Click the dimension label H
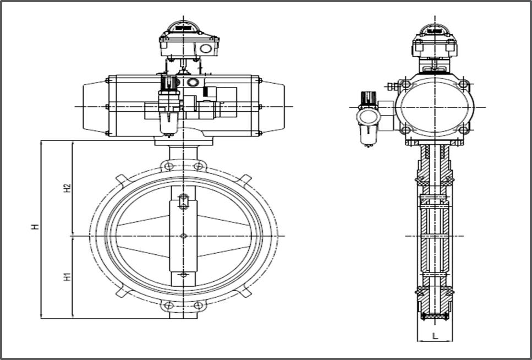click(34, 226)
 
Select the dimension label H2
click(67, 188)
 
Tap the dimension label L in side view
click(435, 335)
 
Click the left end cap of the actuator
click(95, 106)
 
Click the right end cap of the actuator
click(271, 106)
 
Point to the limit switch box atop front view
click(189, 42)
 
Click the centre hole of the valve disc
click(183, 236)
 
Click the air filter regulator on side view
click(368, 117)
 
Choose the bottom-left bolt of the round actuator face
click(406, 130)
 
